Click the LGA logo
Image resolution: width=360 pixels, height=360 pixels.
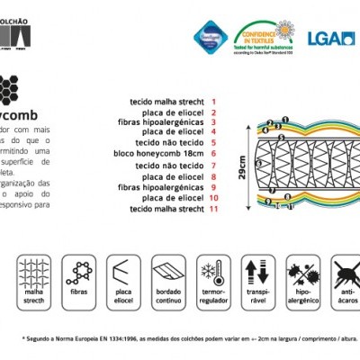330,39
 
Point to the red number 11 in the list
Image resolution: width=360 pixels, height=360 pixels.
213,209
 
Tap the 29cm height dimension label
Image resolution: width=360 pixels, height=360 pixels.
242,166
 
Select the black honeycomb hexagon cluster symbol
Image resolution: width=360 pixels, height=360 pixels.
9,89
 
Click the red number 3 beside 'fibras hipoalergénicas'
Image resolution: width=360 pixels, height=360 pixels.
213,122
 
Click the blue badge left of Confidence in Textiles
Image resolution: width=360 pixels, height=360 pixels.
212,36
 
